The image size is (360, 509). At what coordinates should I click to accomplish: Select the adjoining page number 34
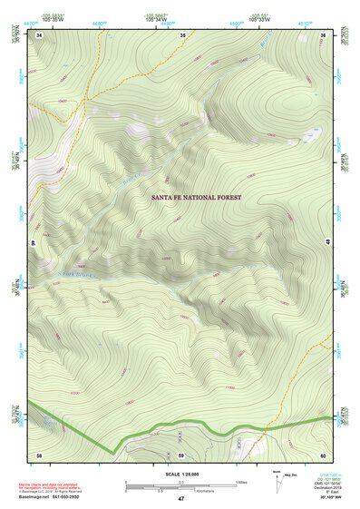pyautogui.click(x=40, y=34)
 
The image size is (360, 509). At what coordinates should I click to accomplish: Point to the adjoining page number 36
pyautogui.click(x=324, y=34)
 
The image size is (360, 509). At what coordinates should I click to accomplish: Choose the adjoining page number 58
pyautogui.click(x=39, y=453)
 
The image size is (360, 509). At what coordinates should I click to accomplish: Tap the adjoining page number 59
pyautogui.click(x=181, y=453)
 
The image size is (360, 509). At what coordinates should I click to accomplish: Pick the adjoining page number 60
pyautogui.click(x=324, y=453)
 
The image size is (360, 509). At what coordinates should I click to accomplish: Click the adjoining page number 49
pyautogui.click(x=33, y=243)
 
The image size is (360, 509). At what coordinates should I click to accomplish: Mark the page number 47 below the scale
pyautogui.click(x=180, y=499)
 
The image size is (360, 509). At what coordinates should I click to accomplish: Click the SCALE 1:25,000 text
pyautogui.click(x=180, y=474)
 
